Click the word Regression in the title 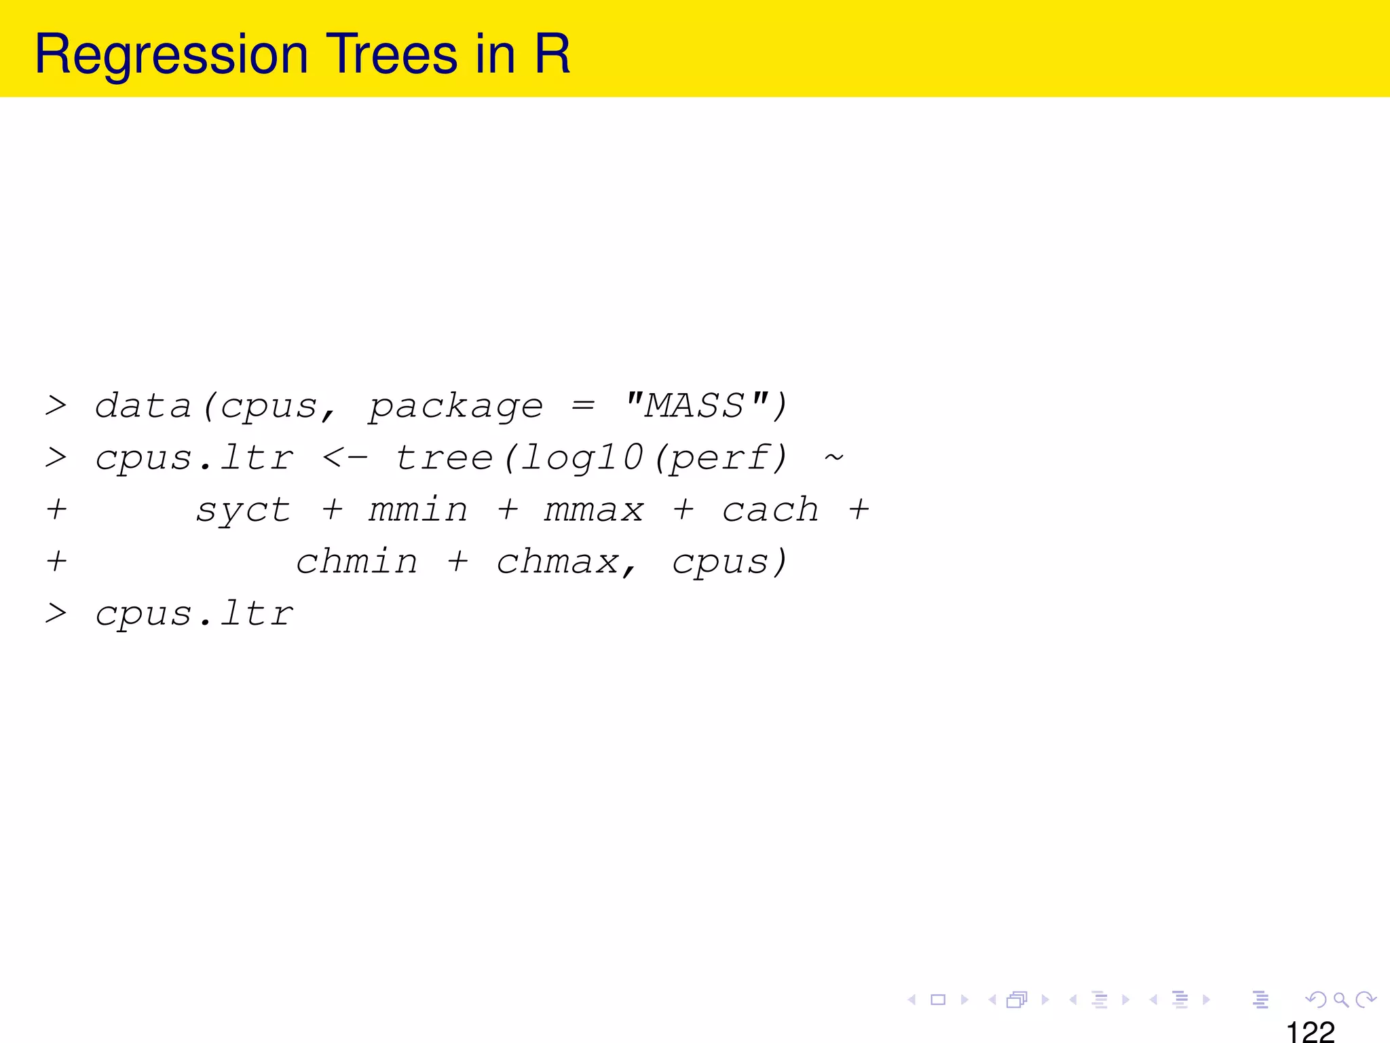click(171, 54)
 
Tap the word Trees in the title click(392, 54)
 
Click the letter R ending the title click(552, 54)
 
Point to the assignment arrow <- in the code click(345, 458)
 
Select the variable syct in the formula click(243, 511)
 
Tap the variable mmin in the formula click(418, 510)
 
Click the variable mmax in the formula click(594, 510)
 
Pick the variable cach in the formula click(770, 510)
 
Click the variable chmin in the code click(357, 562)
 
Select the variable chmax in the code click(557, 562)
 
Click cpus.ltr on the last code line click(194, 615)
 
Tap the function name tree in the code click(444, 458)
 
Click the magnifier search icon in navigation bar click(1340, 1000)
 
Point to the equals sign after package click(583, 406)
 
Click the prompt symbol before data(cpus click(56, 406)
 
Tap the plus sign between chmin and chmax click(458, 562)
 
